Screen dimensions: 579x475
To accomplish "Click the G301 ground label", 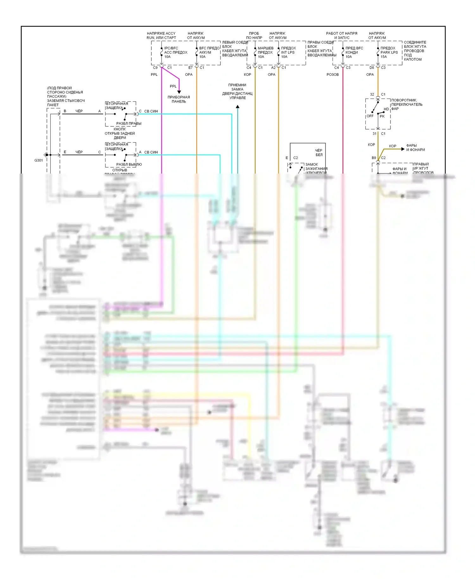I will pyautogui.click(x=39, y=160).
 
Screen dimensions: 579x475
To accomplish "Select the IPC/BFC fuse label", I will pyautogui.click(x=171, y=48).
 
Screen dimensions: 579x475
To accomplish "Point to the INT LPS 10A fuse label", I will pyautogui.click(x=288, y=53).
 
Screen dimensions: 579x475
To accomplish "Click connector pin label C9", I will pyautogui.click(x=155, y=68).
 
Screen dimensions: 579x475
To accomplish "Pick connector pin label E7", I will pyautogui.click(x=190, y=68).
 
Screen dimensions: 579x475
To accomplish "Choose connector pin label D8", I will pyautogui.click(x=372, y=68).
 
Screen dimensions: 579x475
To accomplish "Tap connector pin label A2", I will pyautogui.click(x=273, y=68).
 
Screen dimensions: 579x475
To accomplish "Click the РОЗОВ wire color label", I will pyautogui.click(x=332, y=75).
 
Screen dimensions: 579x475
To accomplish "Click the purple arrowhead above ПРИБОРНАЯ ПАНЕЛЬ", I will pyautogui.click(x=179, y=92).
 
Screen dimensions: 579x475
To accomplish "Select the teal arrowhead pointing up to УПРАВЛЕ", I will pyautogui.click(x=237, y=107).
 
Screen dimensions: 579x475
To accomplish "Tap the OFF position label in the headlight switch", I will pyautogui.click(x=370, y=116).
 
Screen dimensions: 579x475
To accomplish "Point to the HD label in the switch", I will pyautogui.click(x=386, y=109).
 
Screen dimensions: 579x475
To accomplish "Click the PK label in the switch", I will pyautogui.click(x=382, y=117).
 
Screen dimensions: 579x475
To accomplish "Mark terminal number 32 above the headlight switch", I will pyautogui.click(x=372, y=94).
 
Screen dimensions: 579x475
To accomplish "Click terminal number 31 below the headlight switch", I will pyautogui.click(x=375, y=134).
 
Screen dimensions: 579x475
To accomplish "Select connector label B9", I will pyautogui.click(x=374, y=158).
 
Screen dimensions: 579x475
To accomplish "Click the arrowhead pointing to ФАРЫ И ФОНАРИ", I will pyautogui.click(x=403, y=149).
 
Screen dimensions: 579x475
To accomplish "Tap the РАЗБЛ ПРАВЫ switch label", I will pyautogui.click(x=129, y=124).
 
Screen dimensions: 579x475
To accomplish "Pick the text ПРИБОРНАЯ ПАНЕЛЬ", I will pyautogui.click(x=179, y=99).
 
